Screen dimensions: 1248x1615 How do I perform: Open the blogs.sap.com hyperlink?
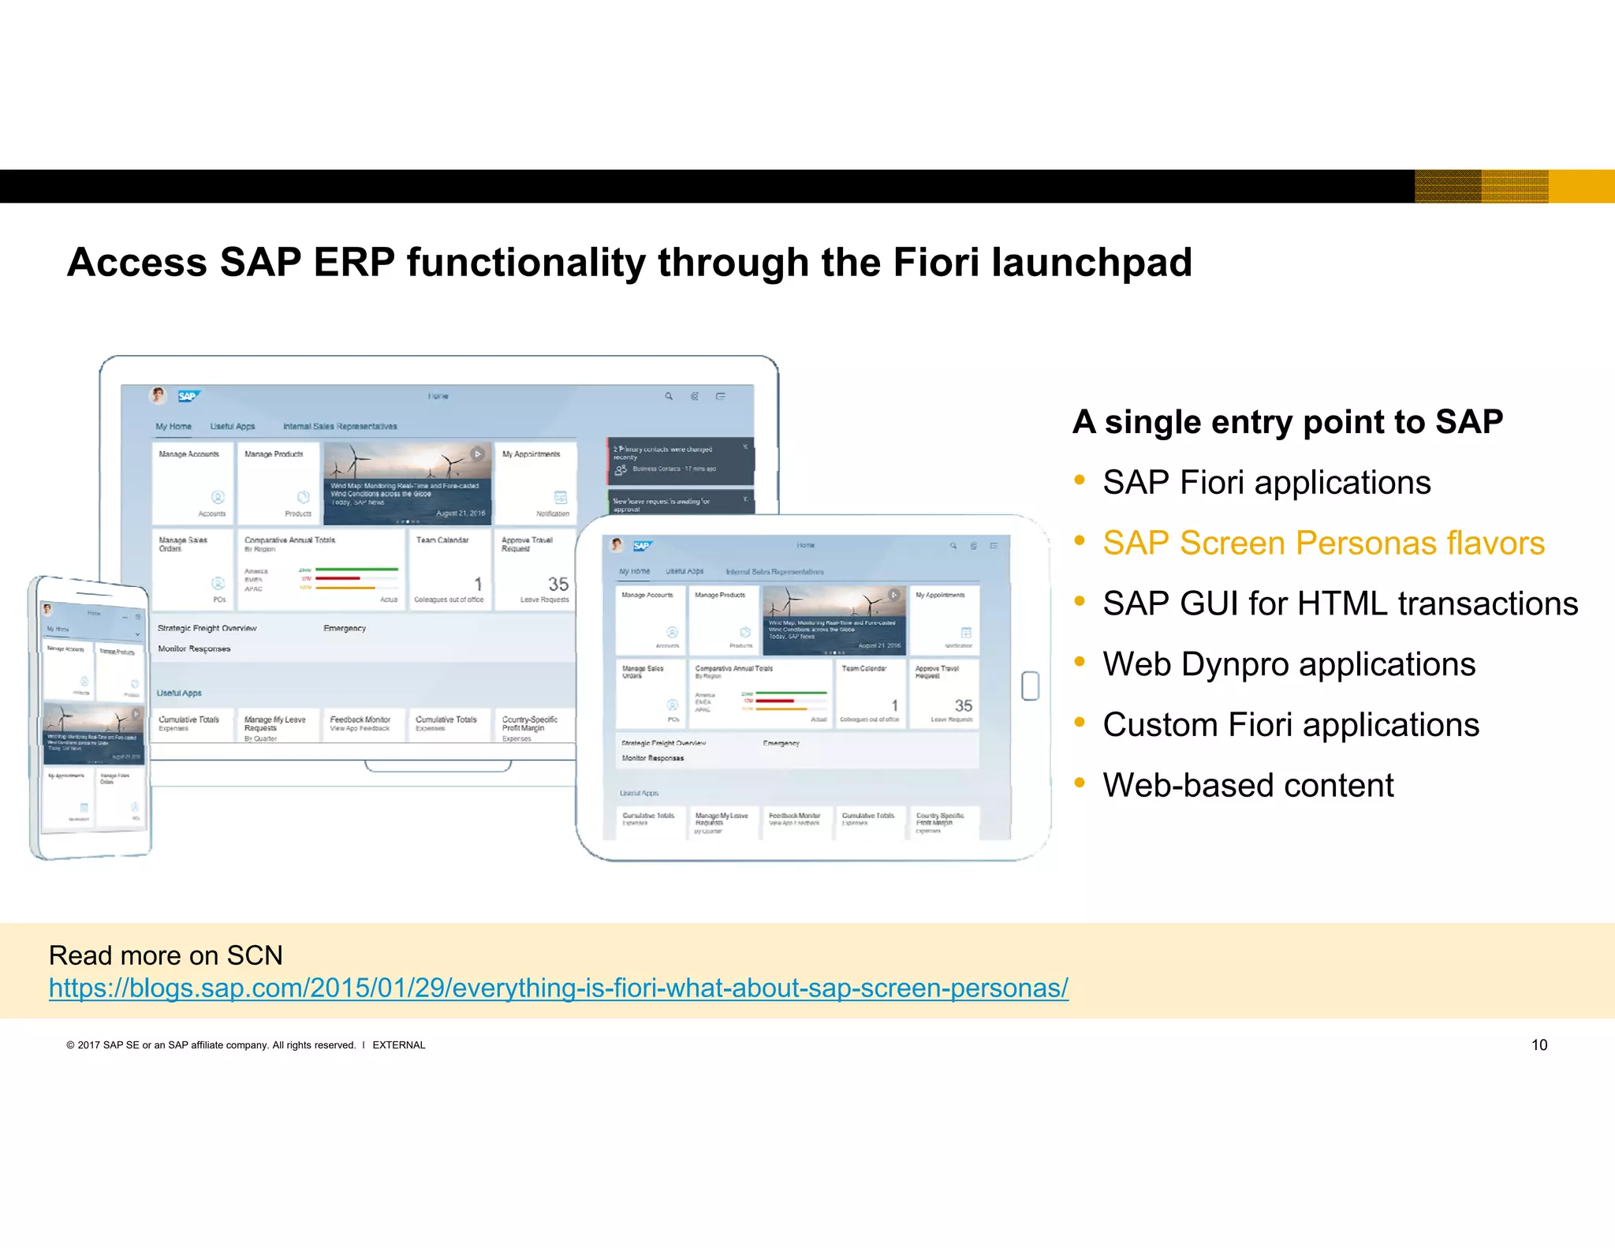tap(558, 988)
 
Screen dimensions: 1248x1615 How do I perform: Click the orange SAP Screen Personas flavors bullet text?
tap(1322, 543)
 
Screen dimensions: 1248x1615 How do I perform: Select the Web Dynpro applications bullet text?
tap(1289, 664)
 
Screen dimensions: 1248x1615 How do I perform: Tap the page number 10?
tap(1539, 1044)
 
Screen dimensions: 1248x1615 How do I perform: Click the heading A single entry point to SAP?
tap(1287, 422)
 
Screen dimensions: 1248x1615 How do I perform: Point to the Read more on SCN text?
tap(166, 955)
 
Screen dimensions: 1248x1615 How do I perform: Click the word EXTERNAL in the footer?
tap(398, 1045)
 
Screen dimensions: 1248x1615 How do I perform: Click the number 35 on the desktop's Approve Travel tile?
tap(558, 584)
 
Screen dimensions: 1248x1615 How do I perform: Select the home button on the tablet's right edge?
tap(1030, 686)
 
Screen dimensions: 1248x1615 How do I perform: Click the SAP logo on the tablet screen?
tap(642, 546)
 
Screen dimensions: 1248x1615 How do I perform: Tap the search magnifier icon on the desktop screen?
tap(669, 396)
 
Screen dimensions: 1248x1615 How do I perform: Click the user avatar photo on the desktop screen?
tap(159, 395)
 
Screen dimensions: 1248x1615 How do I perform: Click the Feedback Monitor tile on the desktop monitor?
tap(361, 723)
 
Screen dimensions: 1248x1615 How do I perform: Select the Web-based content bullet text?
tap(1248, 786)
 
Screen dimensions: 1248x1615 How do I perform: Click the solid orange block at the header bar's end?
tap(1581, 186)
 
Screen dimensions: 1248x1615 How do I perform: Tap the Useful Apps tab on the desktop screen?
tap(233, 426)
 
